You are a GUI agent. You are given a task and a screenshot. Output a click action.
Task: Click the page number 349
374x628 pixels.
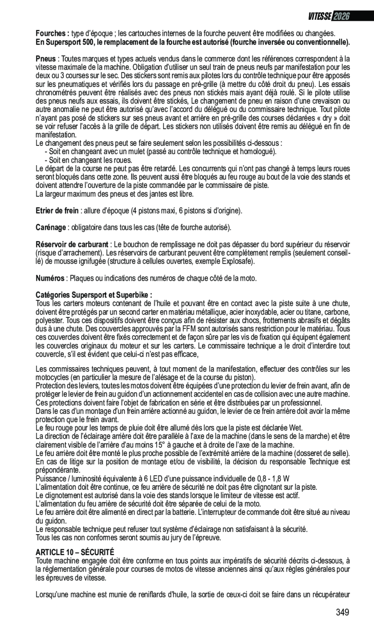coord(343,613)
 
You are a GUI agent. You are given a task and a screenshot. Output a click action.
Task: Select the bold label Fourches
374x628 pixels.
coord(52,33)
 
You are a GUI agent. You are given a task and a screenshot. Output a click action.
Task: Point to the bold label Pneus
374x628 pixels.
coord(45,59)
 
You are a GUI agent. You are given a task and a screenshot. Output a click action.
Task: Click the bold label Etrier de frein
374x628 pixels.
coord(57,211)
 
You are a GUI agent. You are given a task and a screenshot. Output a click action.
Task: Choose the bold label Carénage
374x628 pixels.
coord(51,227)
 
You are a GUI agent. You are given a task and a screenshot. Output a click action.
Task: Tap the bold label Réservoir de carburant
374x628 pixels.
coord(72,244)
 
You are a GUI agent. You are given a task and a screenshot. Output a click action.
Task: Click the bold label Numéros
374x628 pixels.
coord(50,278)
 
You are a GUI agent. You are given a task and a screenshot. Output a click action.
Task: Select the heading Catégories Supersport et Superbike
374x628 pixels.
coord(94,295)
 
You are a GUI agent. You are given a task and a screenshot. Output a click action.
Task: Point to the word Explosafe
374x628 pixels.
coord(239,262)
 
